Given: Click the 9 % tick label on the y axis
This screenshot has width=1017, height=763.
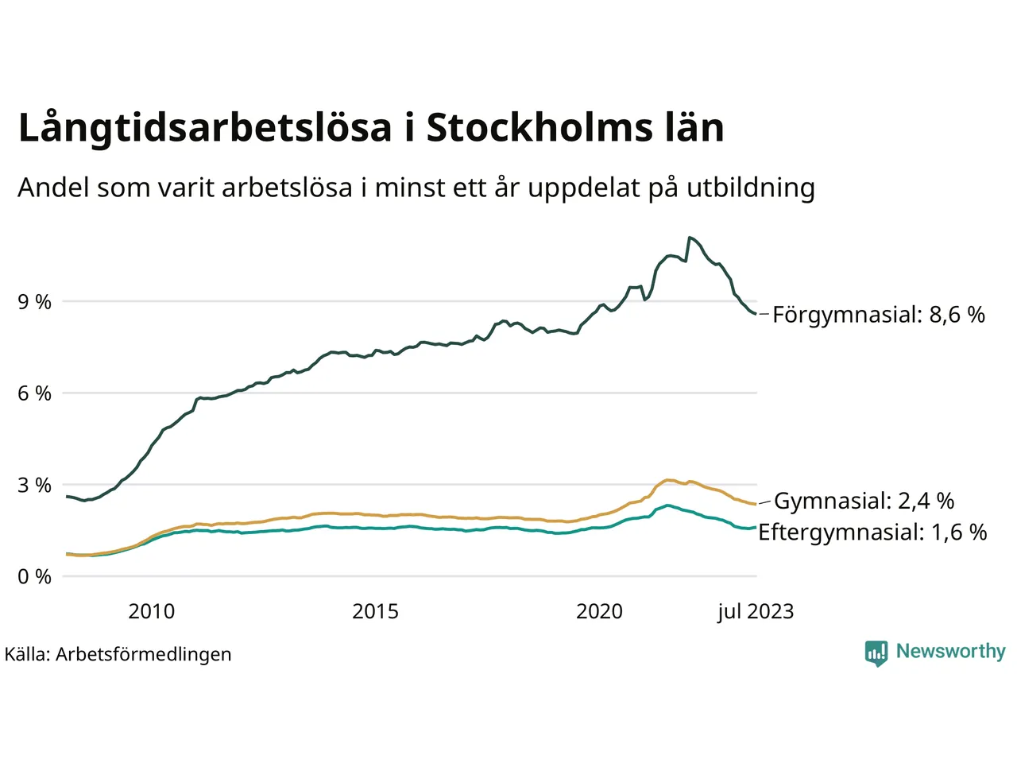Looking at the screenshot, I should (34, 302).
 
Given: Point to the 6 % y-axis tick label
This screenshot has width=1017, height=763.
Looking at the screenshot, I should (34, 393).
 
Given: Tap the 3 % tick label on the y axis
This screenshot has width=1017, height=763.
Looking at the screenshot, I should (34, 485).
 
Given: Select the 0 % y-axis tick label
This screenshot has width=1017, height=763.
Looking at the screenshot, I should (34, 577).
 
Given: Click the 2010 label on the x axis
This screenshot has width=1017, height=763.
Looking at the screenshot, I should (151, 611).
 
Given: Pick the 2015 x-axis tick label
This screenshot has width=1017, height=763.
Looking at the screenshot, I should (375, 611).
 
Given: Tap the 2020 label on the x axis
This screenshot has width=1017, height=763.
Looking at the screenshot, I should (599, 611).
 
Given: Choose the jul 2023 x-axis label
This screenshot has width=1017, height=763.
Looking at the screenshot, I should (755, 611).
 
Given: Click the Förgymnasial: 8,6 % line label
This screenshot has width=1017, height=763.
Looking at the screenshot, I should (878, 315).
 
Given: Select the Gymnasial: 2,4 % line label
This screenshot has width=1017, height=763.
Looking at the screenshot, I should (864, 501).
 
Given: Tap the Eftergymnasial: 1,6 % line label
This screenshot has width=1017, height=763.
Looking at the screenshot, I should (872, 532).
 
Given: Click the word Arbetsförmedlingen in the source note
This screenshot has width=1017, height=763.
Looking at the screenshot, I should (144, 654).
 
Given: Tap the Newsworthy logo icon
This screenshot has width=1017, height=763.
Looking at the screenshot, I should (876, 653).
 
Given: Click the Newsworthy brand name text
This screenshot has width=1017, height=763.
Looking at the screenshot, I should (950, 652).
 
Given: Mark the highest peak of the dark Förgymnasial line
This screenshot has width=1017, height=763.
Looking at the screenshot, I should (690, 237).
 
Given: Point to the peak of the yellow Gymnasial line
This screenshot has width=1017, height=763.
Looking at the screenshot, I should (668, 480).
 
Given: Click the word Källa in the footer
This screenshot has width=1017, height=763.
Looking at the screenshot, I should (27, 654).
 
